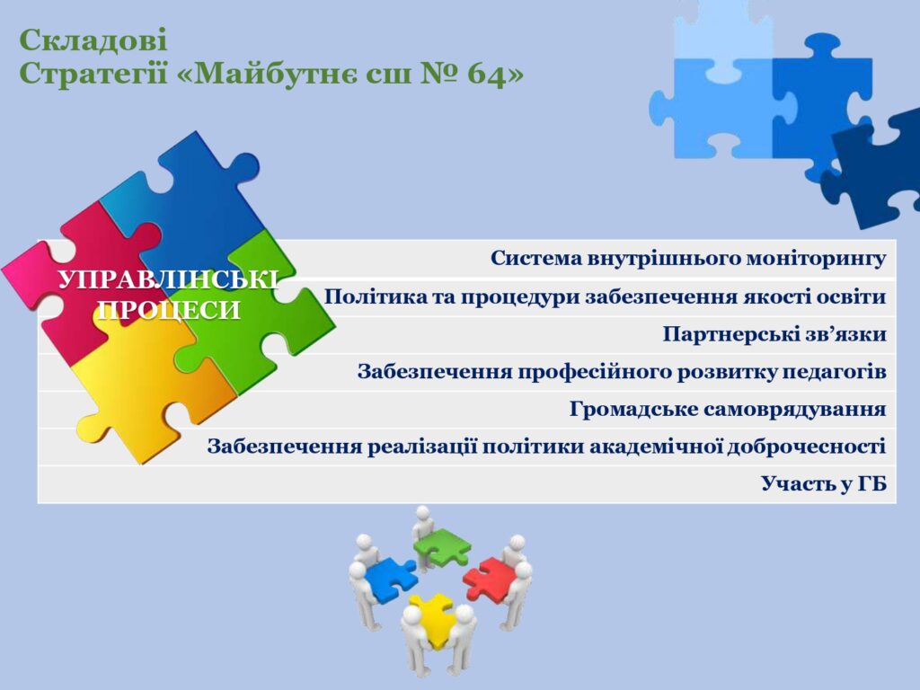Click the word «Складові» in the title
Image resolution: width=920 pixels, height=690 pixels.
[x=93, y=40]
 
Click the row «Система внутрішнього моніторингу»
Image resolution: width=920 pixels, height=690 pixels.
[x=687, y=258]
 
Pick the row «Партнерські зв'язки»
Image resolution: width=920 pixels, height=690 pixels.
[x=774, y=334]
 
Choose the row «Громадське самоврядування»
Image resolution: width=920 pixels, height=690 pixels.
[x=728, y=409]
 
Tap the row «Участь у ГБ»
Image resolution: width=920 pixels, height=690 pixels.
[x=824, y=483]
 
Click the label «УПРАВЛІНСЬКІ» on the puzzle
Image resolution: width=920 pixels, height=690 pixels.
[x=168, y=280]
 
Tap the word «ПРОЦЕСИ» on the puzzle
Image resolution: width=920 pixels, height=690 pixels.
[x=169, y=310]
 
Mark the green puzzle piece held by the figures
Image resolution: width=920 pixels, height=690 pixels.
[x=442, y=546]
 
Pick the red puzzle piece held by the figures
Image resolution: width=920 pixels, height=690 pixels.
[x=491, y=578]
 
